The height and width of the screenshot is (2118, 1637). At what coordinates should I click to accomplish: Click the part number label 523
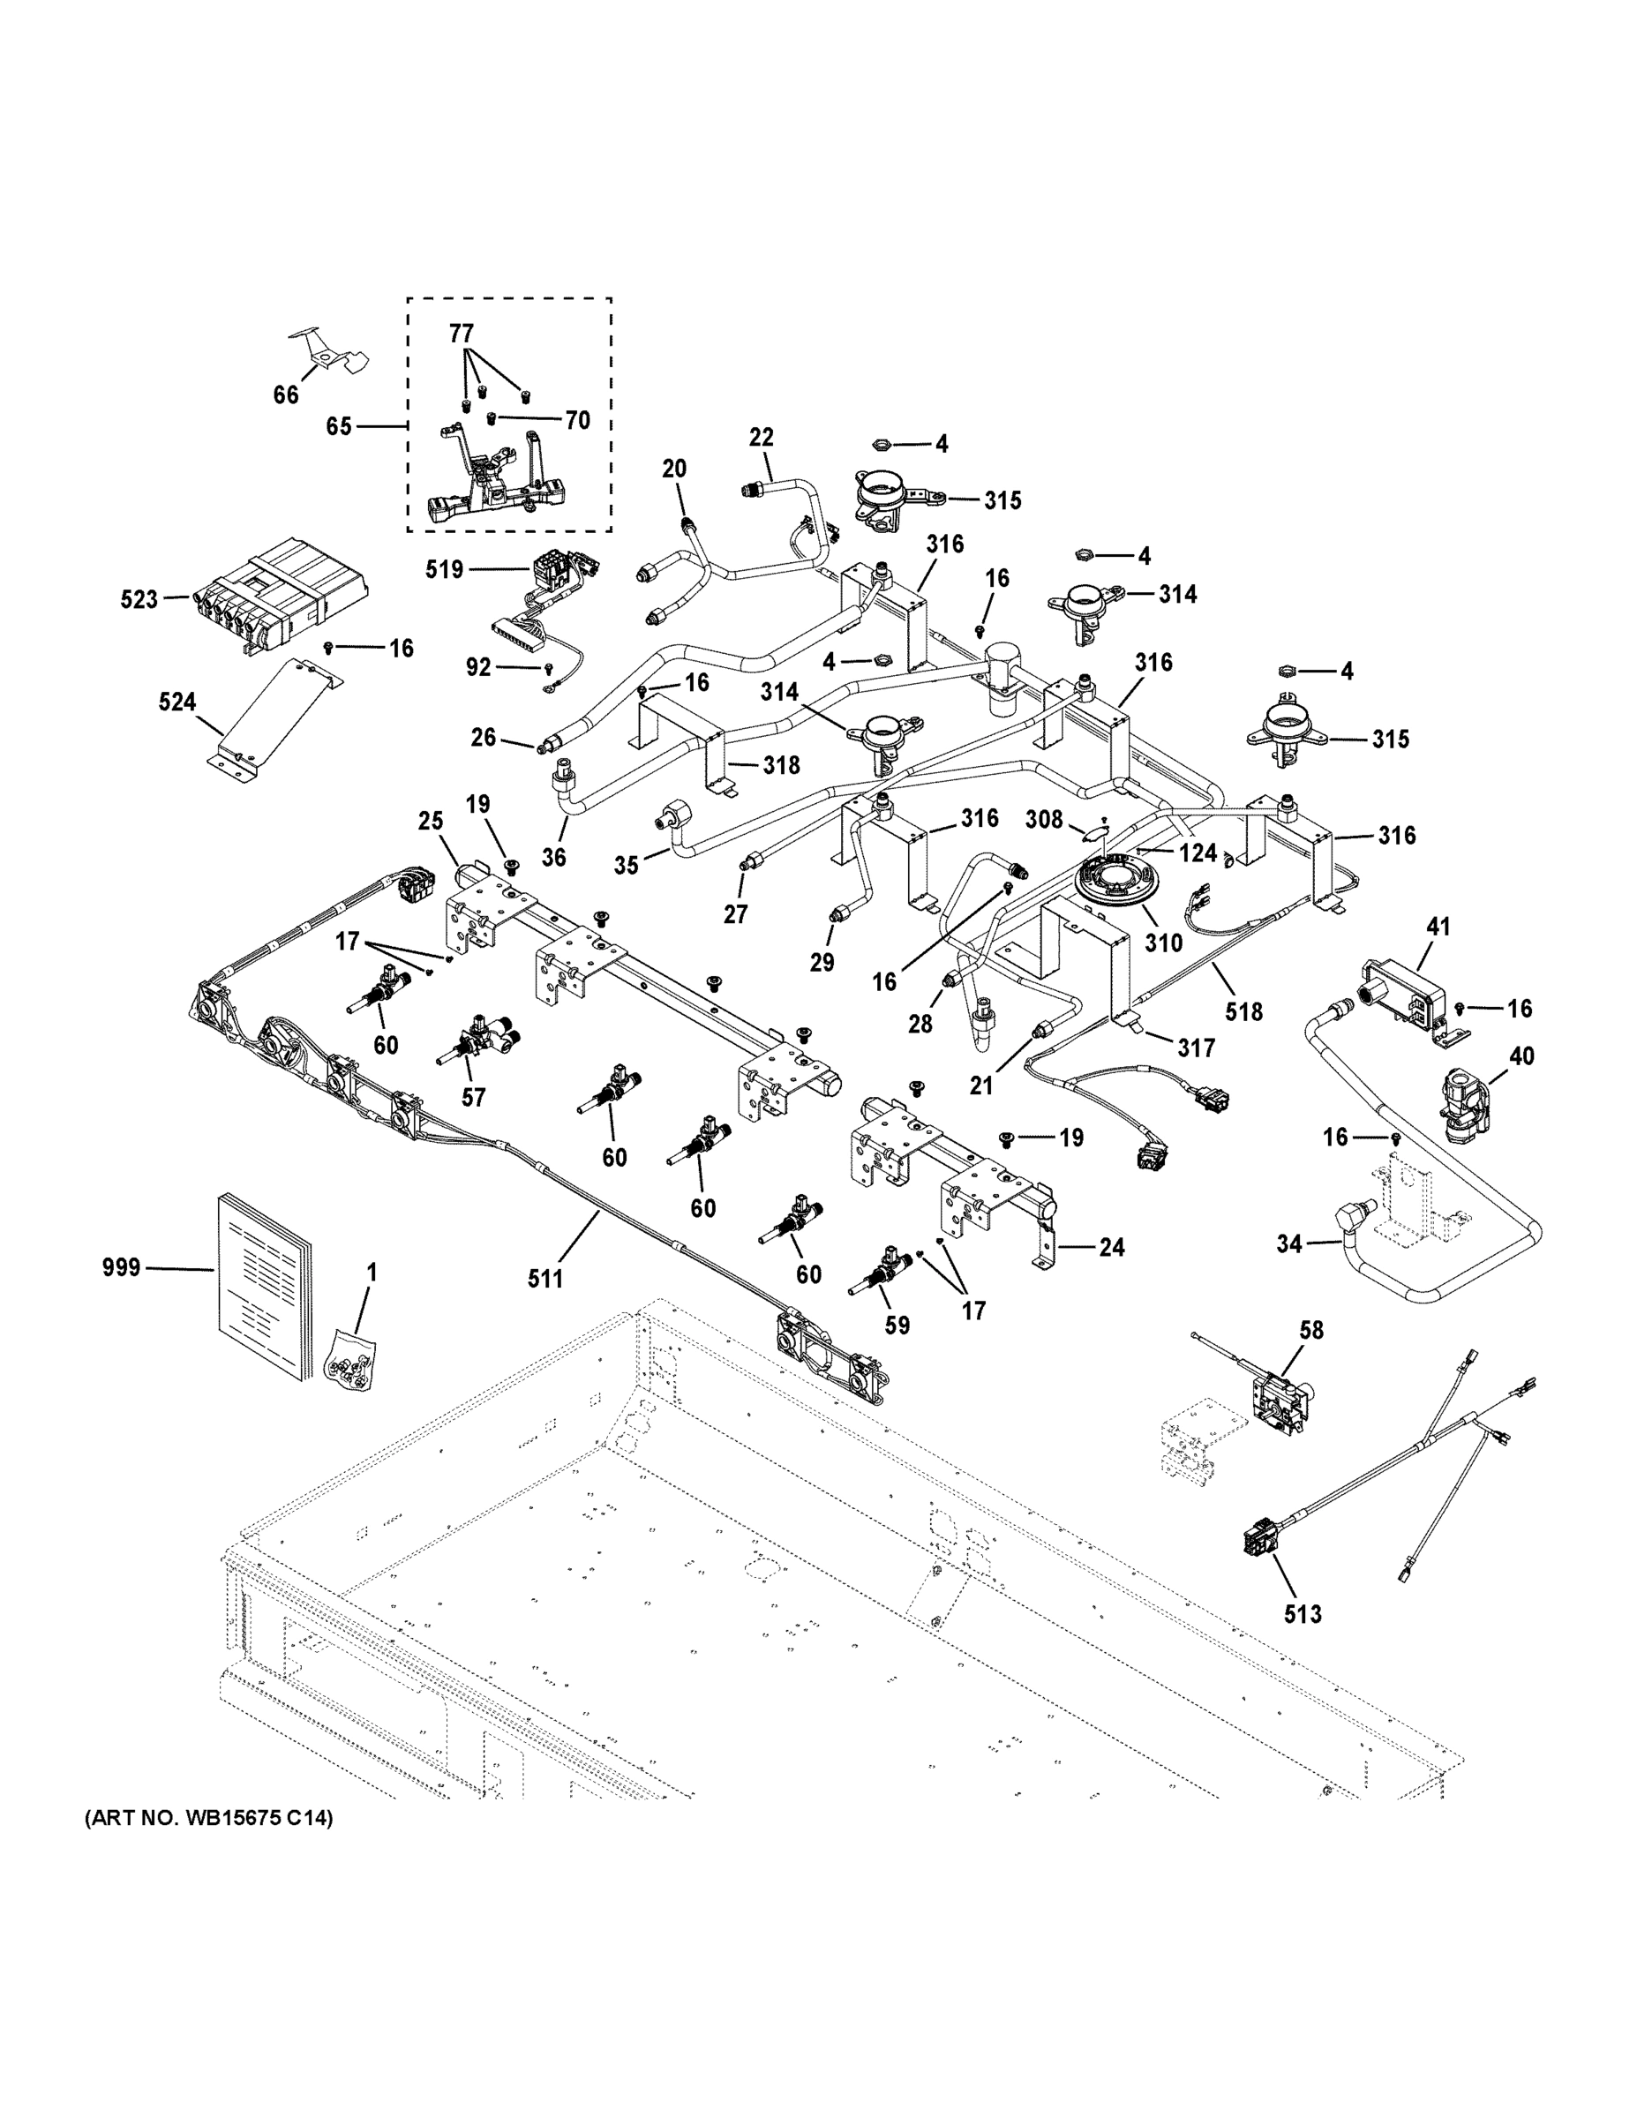(139, 599)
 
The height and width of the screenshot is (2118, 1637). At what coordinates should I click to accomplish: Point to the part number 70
(577, 421)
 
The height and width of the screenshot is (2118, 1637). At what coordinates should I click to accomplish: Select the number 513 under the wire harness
(1303, 1614)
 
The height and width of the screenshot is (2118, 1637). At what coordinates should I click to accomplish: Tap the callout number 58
(1311, 1330)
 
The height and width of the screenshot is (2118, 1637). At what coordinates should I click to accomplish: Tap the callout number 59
(897, 1325)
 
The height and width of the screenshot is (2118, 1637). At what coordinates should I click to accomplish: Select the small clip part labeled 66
(330, 355)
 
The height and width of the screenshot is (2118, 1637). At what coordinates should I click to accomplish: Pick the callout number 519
(444, 569)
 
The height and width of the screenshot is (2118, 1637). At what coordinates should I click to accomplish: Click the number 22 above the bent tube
(762, 438)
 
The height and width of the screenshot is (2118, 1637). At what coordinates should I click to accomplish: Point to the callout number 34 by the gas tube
(1288, 1243)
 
